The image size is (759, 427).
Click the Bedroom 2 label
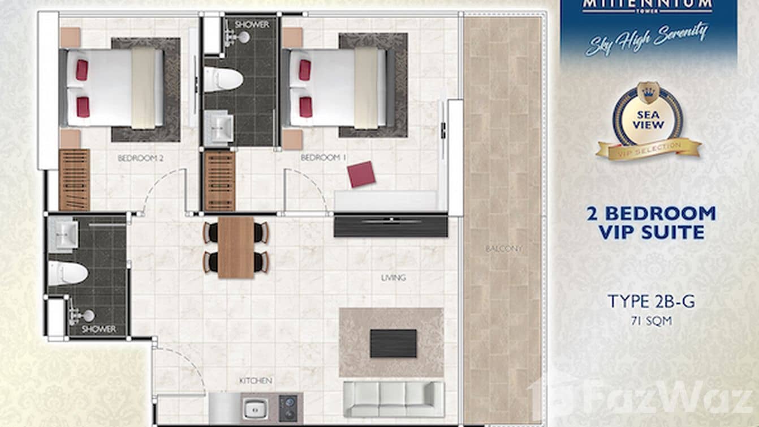140,159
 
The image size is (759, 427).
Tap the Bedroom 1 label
323,157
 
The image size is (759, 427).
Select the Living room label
393,277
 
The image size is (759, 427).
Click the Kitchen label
256,381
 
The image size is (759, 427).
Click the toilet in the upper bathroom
222,79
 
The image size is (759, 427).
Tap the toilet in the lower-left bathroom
67,273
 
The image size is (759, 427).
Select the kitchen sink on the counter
256,408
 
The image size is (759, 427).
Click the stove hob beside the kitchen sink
288,408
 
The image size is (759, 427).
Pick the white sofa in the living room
394,399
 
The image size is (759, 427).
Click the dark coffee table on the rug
393,343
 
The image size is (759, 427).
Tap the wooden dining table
236,247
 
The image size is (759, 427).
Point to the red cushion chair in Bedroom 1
361,174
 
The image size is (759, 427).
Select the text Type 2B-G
651,301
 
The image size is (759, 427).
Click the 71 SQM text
651,321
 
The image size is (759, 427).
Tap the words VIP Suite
651,232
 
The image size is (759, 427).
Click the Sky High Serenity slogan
646,39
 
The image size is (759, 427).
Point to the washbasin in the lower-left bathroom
63,234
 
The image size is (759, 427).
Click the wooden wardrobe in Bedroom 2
74,180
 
